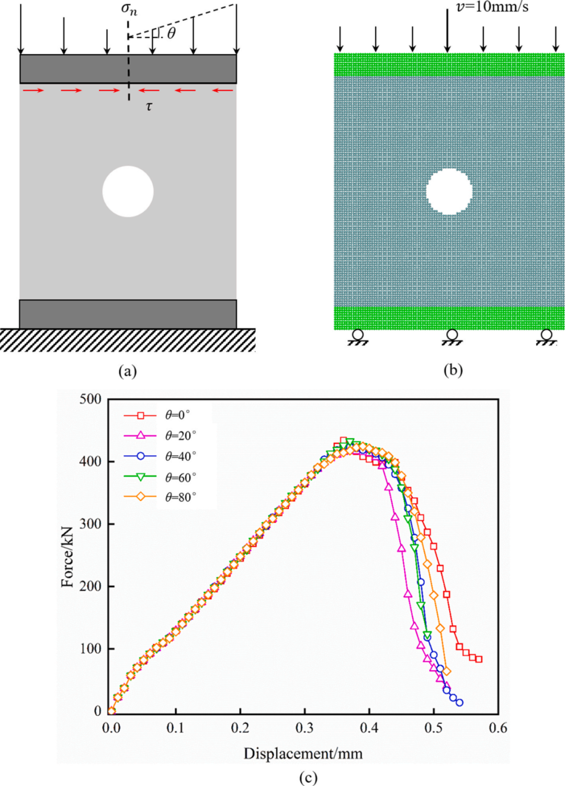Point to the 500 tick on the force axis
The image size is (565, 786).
[x=90, y=399]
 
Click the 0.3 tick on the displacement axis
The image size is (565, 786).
[x=304, y=728]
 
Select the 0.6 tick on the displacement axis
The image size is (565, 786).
[x=498, y=728]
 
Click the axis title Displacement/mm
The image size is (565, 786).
[x=303, y=754]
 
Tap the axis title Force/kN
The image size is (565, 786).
[x=67, y=557]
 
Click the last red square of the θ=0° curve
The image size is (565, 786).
[x=479, y=659]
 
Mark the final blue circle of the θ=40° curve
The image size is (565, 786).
[x=459, y=703]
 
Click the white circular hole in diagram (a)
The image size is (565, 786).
[x=128, y=192]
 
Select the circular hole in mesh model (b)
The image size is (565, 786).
[x=449, y=192]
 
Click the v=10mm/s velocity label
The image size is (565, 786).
[x=492, y=7]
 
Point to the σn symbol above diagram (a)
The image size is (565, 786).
[x=129, y=9]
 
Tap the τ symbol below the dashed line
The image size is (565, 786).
[x=149, y=107]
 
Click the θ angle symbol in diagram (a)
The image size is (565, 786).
[x=171, y=33]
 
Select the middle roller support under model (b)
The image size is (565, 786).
[x=452, y=335]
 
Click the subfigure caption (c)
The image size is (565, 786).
[x=308, y=778]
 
